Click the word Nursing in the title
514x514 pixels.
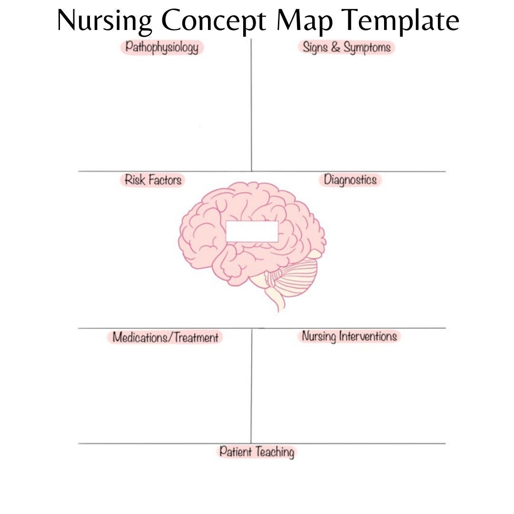tap(104, 21)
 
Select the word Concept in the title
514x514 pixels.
tap(213, 21)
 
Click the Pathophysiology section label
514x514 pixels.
tap(162, 48)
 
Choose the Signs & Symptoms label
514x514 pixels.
tap(346, 47)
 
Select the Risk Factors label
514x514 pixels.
tap(153, 180)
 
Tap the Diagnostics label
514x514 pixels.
tap(350, 179)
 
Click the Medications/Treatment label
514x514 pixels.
tap(165, 337)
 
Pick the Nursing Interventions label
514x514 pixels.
tap(349, 336)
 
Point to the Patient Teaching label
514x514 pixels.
tap(257, 452)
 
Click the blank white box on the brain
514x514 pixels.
tap(252, 231)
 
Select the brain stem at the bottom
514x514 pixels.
tap(277, 297)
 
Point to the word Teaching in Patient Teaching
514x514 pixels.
tap(275, 453)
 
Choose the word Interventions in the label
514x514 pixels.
tap(368, 336)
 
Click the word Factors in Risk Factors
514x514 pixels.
tap(165, 180)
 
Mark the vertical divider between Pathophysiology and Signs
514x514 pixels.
tap(251, 105)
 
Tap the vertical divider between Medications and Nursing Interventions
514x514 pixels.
tap(251, 386)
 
